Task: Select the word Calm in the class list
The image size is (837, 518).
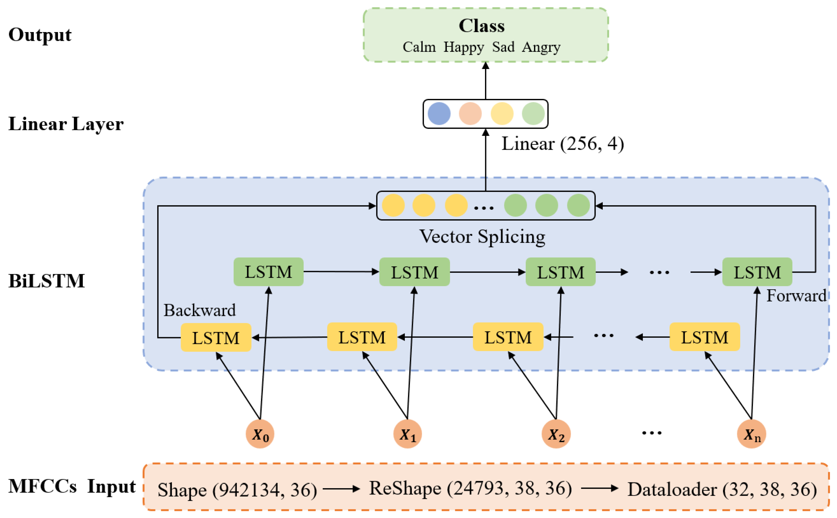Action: click(419, 47)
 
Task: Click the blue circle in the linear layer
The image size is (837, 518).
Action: click(439, 113)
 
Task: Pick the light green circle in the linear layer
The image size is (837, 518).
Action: click(533, 113)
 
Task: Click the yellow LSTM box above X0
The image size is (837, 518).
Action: click(216, 337)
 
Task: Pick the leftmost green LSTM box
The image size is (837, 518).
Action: click(268, 272)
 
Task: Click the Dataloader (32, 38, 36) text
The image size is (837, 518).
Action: click(722, 489)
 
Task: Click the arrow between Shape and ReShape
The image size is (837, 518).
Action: click(341, 489)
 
